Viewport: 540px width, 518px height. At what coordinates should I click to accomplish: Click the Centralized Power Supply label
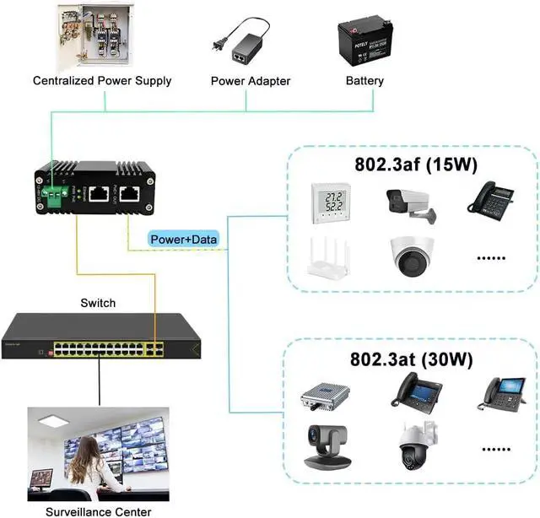click(102, 81)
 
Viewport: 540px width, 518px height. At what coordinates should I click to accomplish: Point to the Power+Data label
click(184, 240)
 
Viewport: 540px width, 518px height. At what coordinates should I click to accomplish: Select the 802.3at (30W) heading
click(411, 358)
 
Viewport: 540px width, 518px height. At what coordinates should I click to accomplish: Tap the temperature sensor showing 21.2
click(329, 203)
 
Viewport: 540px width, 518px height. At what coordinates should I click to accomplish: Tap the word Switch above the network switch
click(98, 302)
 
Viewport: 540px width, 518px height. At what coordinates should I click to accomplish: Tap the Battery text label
click(364, 81)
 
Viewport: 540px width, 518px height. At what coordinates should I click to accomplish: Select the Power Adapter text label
click(250, 81)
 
